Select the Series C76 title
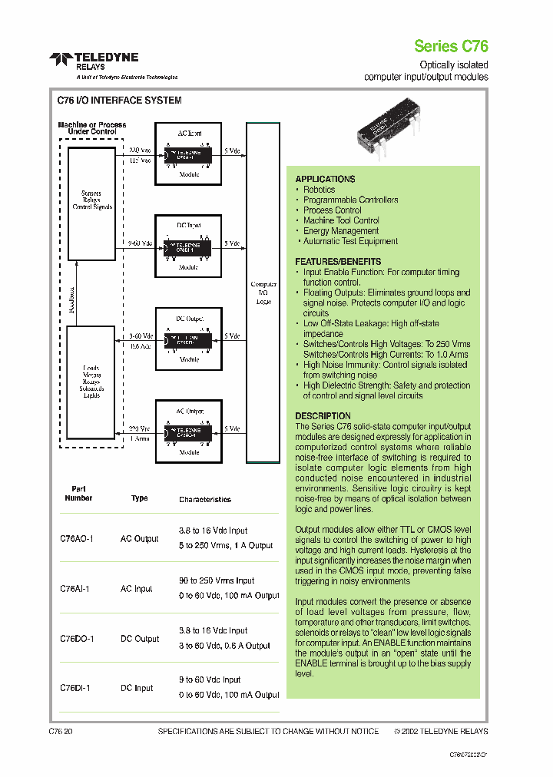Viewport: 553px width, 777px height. [451, 45]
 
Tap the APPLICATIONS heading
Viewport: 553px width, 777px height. [325, 179]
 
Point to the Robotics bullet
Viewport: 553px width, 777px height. [319, 190]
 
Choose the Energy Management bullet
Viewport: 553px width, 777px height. [340, 231]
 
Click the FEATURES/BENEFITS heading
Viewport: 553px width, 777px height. [338, 262]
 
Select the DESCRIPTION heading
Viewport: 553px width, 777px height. [323, 416]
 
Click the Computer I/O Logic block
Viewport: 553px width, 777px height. [263, 292]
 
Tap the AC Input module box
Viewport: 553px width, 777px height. [189, 153]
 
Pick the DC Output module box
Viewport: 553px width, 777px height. [189, 338]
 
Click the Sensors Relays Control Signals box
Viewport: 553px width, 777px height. [91, 200]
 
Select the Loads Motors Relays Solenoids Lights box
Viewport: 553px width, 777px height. [91, 382]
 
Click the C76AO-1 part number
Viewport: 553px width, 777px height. [77, 539]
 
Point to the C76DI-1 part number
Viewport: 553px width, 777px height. [75, 689]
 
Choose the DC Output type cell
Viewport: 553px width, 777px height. [140, 639]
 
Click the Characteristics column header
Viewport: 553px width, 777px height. [205, 500]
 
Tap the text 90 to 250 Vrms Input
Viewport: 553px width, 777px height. [217, 581]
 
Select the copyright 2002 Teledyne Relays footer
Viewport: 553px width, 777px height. [441, 732]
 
